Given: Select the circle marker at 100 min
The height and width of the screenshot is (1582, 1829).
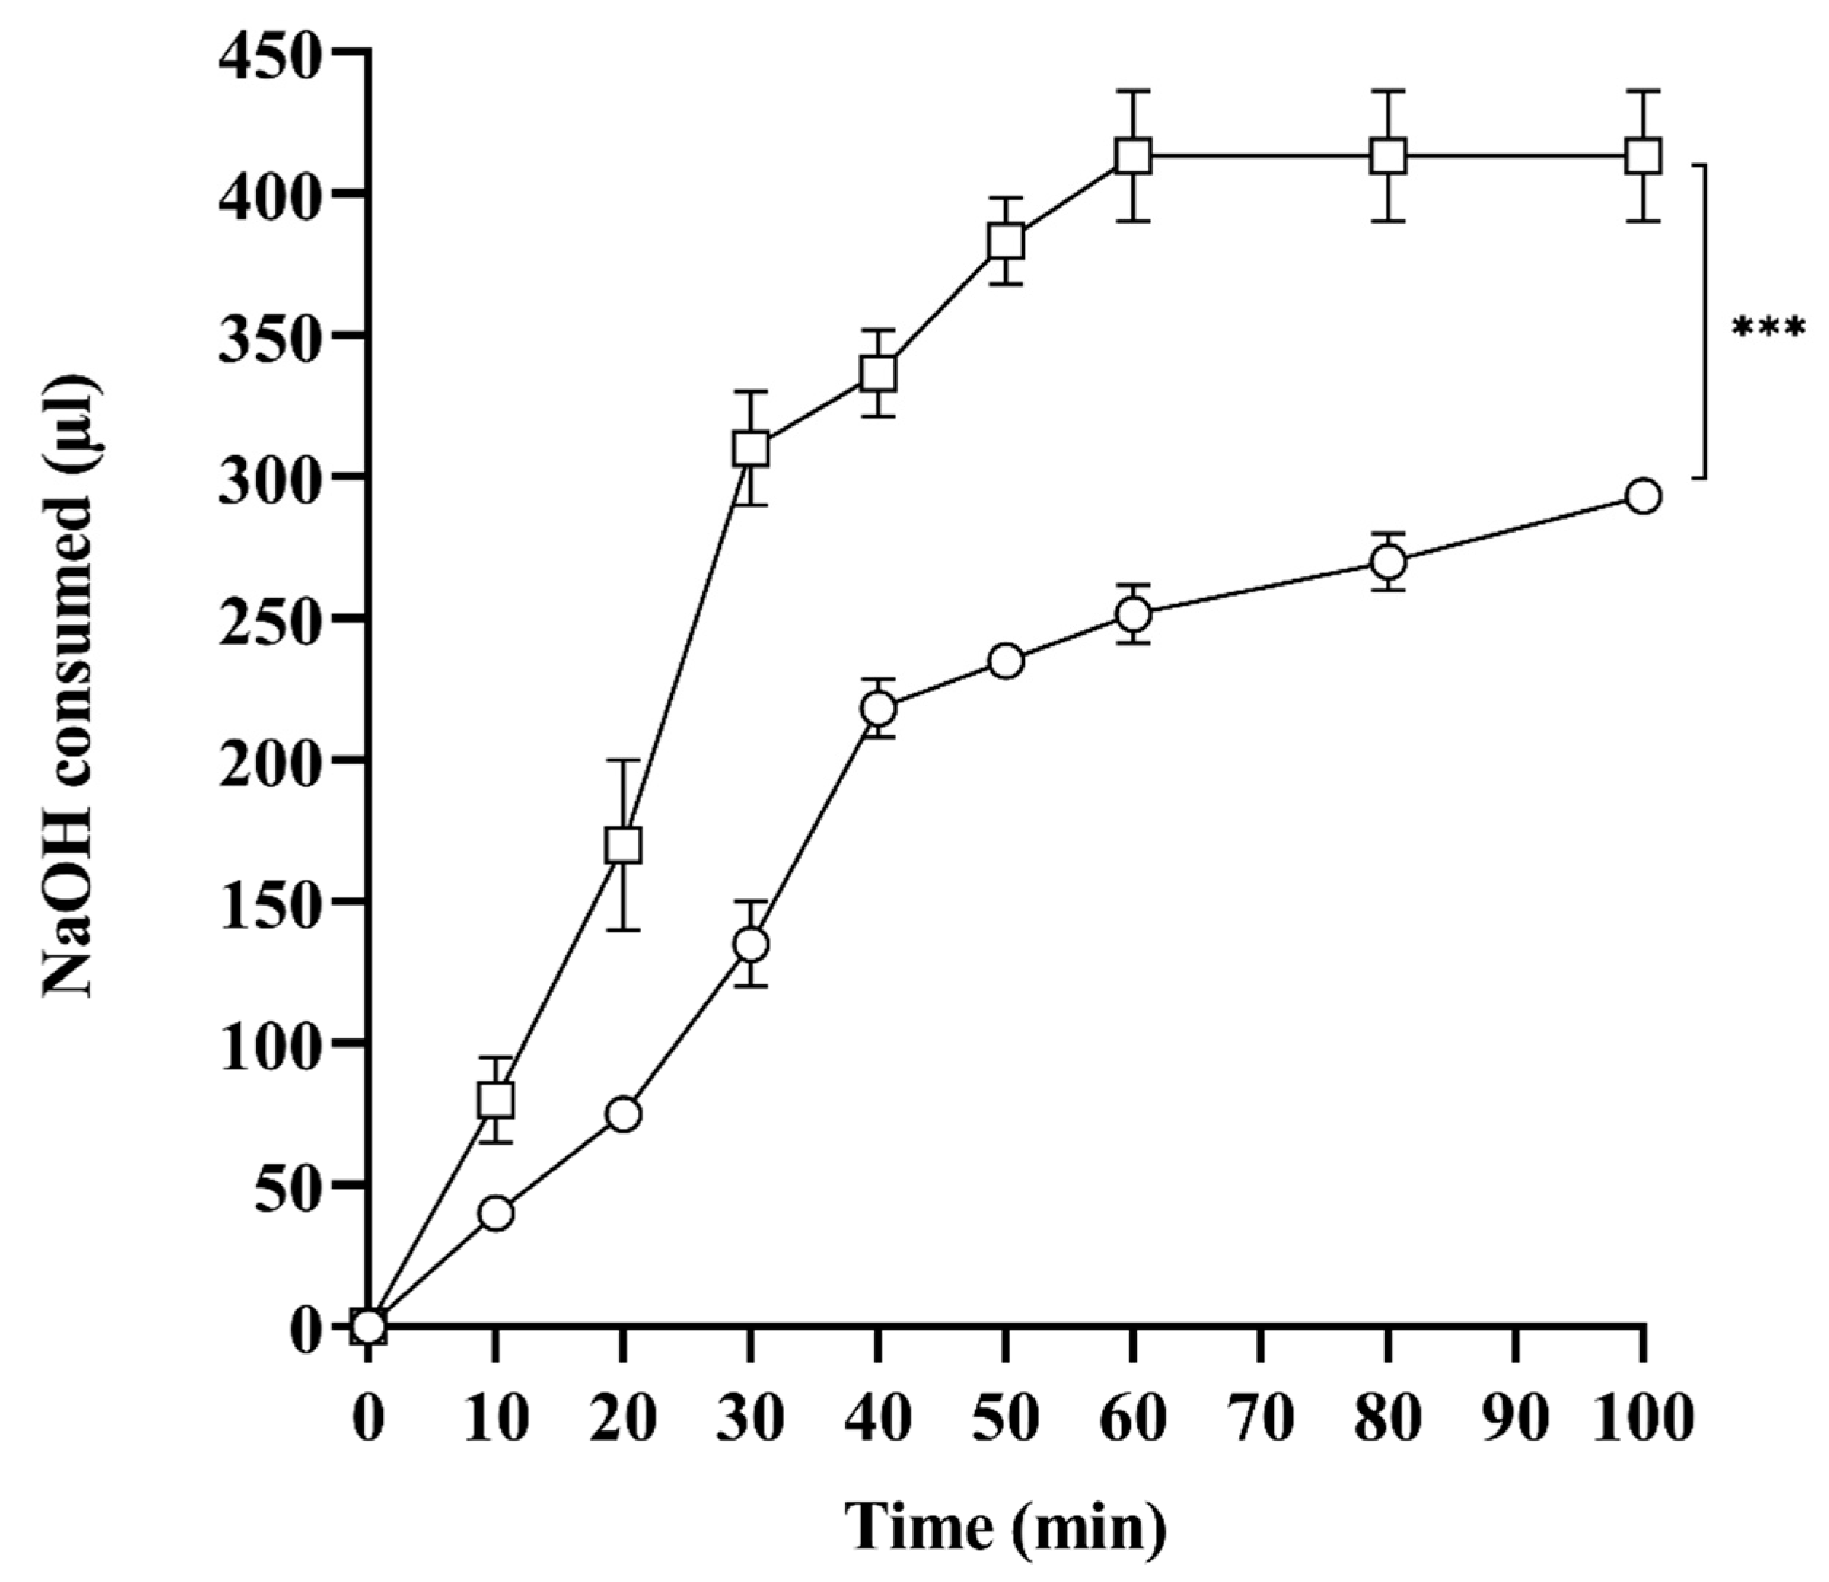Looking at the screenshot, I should click(1642, 496).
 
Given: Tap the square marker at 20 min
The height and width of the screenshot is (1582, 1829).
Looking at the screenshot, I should click(623, 845).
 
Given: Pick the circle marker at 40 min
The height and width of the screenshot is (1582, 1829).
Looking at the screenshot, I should click(878, 708).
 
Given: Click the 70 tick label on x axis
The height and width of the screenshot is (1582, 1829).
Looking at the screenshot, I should click(1261, 1419).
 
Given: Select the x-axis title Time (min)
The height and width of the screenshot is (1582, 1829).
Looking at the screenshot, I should click(1006, 1527).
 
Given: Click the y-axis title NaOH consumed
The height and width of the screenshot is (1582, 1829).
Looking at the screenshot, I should click(68, 685).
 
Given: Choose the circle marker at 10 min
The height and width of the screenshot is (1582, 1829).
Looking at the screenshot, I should click(496, 1213).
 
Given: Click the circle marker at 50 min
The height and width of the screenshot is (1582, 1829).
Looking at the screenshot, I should click(1006, 660).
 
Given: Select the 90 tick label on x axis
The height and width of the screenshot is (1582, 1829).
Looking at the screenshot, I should click(1516, 1419).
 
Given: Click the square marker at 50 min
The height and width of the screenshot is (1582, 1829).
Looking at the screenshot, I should click(1006, 241).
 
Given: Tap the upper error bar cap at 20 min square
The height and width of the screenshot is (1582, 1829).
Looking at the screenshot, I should click(623, 760).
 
